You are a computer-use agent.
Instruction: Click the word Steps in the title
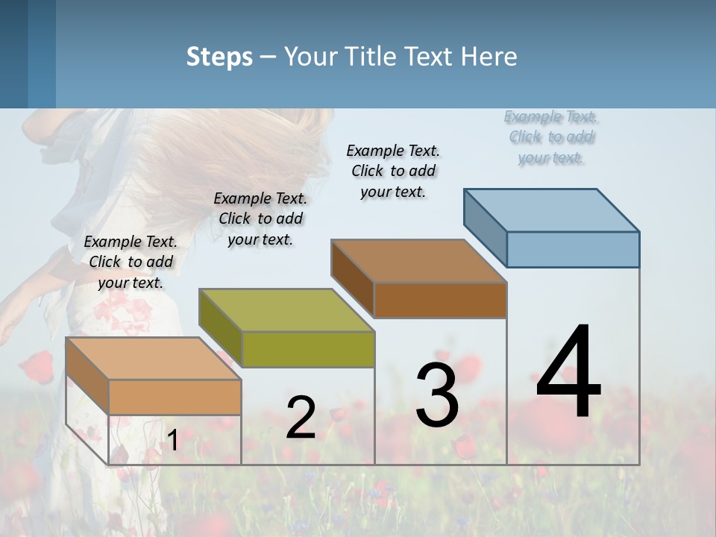click(x=219, y=57)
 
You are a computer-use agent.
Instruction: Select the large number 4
click(x=568, y=373)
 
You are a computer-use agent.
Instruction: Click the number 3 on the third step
click(x=437, y=395)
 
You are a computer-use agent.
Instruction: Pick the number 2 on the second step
click(x=301, y=418)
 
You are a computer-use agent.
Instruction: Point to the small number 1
click(x=172, y=441)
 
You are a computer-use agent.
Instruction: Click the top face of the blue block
click(x=552, y=210)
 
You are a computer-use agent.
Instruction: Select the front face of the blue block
click(x=573, y=249)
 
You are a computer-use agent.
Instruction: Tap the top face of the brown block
click(x=418, y=261)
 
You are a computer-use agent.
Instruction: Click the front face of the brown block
click(x=440, y=300)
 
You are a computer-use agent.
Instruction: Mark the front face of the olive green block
click(x=308, y=349)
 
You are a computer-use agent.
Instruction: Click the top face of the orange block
click(x=154, y=359)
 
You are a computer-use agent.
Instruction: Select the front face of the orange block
click(x=175, y=397)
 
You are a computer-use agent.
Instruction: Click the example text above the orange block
click(x=131, y=262)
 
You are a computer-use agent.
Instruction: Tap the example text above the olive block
click(x=260, y=219)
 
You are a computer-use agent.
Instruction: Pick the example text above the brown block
click(x=393, y=171)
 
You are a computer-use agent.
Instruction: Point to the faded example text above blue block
click(x=551, y=136)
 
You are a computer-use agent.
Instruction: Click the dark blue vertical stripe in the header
click(x=42, y=54)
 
